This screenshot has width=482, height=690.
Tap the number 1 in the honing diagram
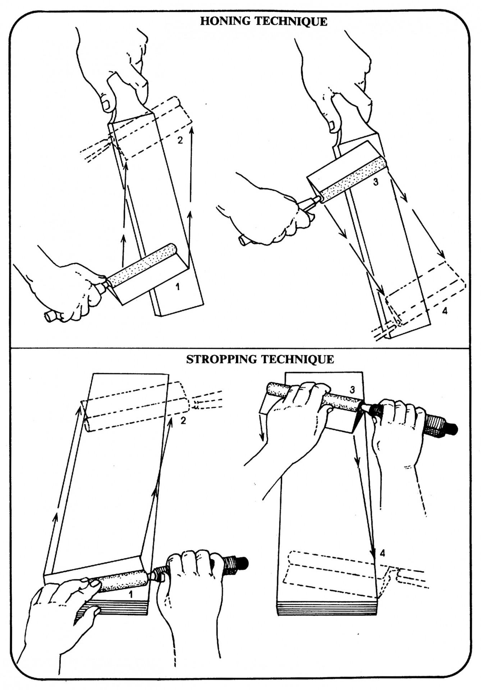click(177, 287)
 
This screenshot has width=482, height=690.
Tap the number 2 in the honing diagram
click(180, 140)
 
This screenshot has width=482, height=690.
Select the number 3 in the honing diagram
click(376, 182)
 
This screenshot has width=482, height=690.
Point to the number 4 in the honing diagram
click(445, 311)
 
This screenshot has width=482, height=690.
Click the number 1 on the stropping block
click(131, 594)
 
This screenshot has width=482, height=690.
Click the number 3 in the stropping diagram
click(353, 390)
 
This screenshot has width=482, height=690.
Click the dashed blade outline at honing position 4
click(424, 295)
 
